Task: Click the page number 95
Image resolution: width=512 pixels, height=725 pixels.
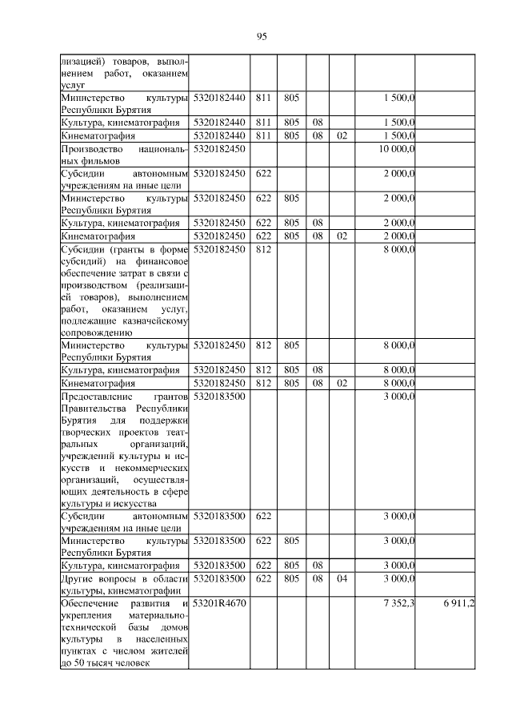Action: [261, 36]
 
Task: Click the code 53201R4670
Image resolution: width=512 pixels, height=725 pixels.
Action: [219, 602]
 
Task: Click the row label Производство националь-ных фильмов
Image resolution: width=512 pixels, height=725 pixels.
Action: [124, 155]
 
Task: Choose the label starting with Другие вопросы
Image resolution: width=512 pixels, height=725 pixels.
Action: [124, 584]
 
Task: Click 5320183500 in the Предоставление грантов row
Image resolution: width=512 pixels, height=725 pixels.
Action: [219, 396]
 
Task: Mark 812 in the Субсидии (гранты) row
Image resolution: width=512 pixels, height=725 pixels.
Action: [263, 249]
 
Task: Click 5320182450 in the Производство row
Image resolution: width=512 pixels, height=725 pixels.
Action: [219, 149]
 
